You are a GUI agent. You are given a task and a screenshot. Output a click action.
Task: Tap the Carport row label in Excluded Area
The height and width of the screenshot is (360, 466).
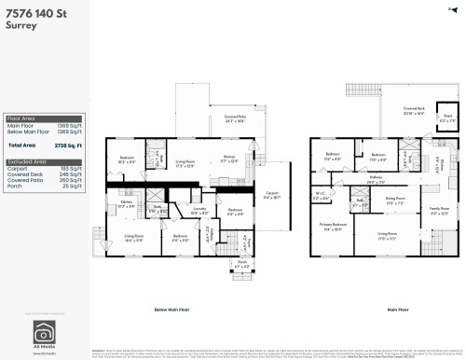coord(18,168)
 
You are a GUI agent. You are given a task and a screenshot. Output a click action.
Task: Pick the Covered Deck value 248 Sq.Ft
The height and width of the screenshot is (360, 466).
coord(72,173)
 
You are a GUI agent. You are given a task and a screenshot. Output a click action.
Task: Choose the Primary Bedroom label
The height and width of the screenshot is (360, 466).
coord(335,225)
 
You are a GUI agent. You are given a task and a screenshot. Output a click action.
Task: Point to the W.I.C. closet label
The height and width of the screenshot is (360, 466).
coord(322,196)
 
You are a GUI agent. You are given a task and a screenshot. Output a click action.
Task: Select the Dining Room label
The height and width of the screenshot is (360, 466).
coord(395,199)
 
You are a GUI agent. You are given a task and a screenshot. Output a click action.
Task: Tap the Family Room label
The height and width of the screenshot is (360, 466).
coord(438,210)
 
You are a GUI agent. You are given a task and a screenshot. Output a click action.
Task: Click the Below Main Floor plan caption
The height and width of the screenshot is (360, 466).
coord(172,309)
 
